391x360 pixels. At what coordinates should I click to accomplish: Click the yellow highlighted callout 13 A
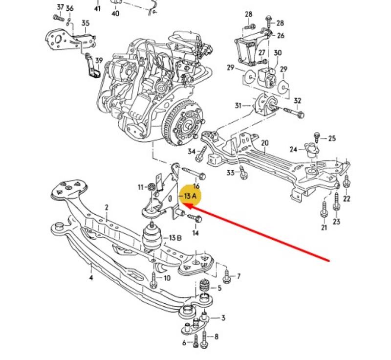[190, 196]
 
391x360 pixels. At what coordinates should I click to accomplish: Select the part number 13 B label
[175, 238]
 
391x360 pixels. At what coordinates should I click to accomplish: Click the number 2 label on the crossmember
[107, 208]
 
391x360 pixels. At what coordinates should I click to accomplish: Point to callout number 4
[91, 278]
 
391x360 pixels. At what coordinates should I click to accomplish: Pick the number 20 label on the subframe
[264, 143]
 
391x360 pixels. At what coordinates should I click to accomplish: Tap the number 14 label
[195, 233]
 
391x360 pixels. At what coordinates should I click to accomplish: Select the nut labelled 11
[151, 186]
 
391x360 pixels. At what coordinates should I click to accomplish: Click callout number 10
[167, 278]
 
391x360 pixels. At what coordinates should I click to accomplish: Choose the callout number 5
[219, 288]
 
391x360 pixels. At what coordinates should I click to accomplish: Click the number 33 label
[230, 172]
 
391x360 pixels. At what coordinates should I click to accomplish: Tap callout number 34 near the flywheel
[191, 152]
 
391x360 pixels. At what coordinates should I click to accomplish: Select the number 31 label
[238, 105]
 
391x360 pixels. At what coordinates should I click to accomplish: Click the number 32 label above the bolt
[298, 101]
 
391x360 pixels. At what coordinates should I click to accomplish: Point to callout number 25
[332, 138]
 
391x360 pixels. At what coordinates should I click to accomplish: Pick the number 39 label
[99, 61]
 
